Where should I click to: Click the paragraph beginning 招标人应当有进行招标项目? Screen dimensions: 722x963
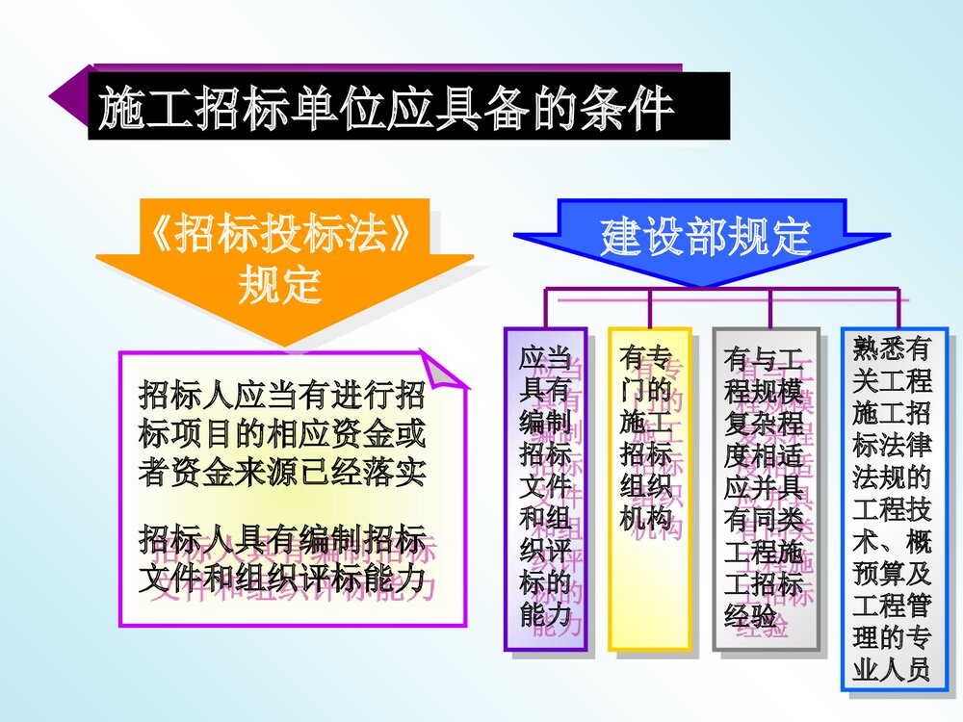click(282, 433)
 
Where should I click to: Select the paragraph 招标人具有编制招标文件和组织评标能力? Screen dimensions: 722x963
click(282, 552)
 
